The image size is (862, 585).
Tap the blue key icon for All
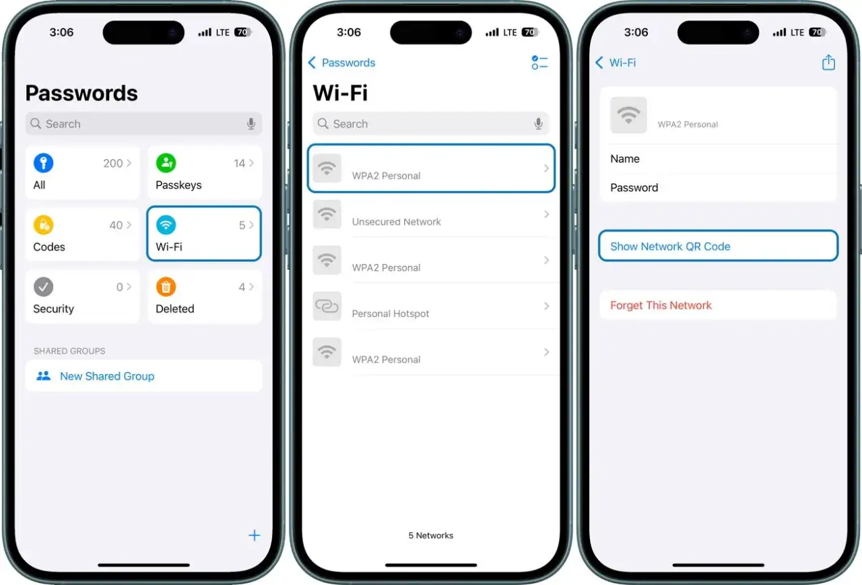(x=43, y=163)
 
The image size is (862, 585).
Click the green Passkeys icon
(x=166, y=163)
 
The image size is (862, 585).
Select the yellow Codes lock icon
(x=43, y=225)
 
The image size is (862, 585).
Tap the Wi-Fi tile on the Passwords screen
(x=204, y=234)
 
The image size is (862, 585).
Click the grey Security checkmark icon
(x=43, y=287)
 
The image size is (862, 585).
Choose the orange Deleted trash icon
(x=166, y=287)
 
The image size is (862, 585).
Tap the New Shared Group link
(x=106, y=376)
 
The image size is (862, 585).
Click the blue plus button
(x=254, y=536)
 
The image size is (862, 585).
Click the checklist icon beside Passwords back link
(x=539, y=63)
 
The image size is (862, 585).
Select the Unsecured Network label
(x=396, y=221)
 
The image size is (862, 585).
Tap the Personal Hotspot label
(x=391, y=314)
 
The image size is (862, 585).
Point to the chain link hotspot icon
(x=327, y=306)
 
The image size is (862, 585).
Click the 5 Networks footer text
(x=431, y=536)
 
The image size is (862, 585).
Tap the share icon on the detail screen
(x=828, y=63)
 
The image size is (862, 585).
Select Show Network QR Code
(x=670, y=246)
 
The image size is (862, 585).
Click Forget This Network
(x=661, y=306)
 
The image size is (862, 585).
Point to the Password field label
(x=634, y=188)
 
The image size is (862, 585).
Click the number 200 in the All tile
(x=113, y=163)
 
